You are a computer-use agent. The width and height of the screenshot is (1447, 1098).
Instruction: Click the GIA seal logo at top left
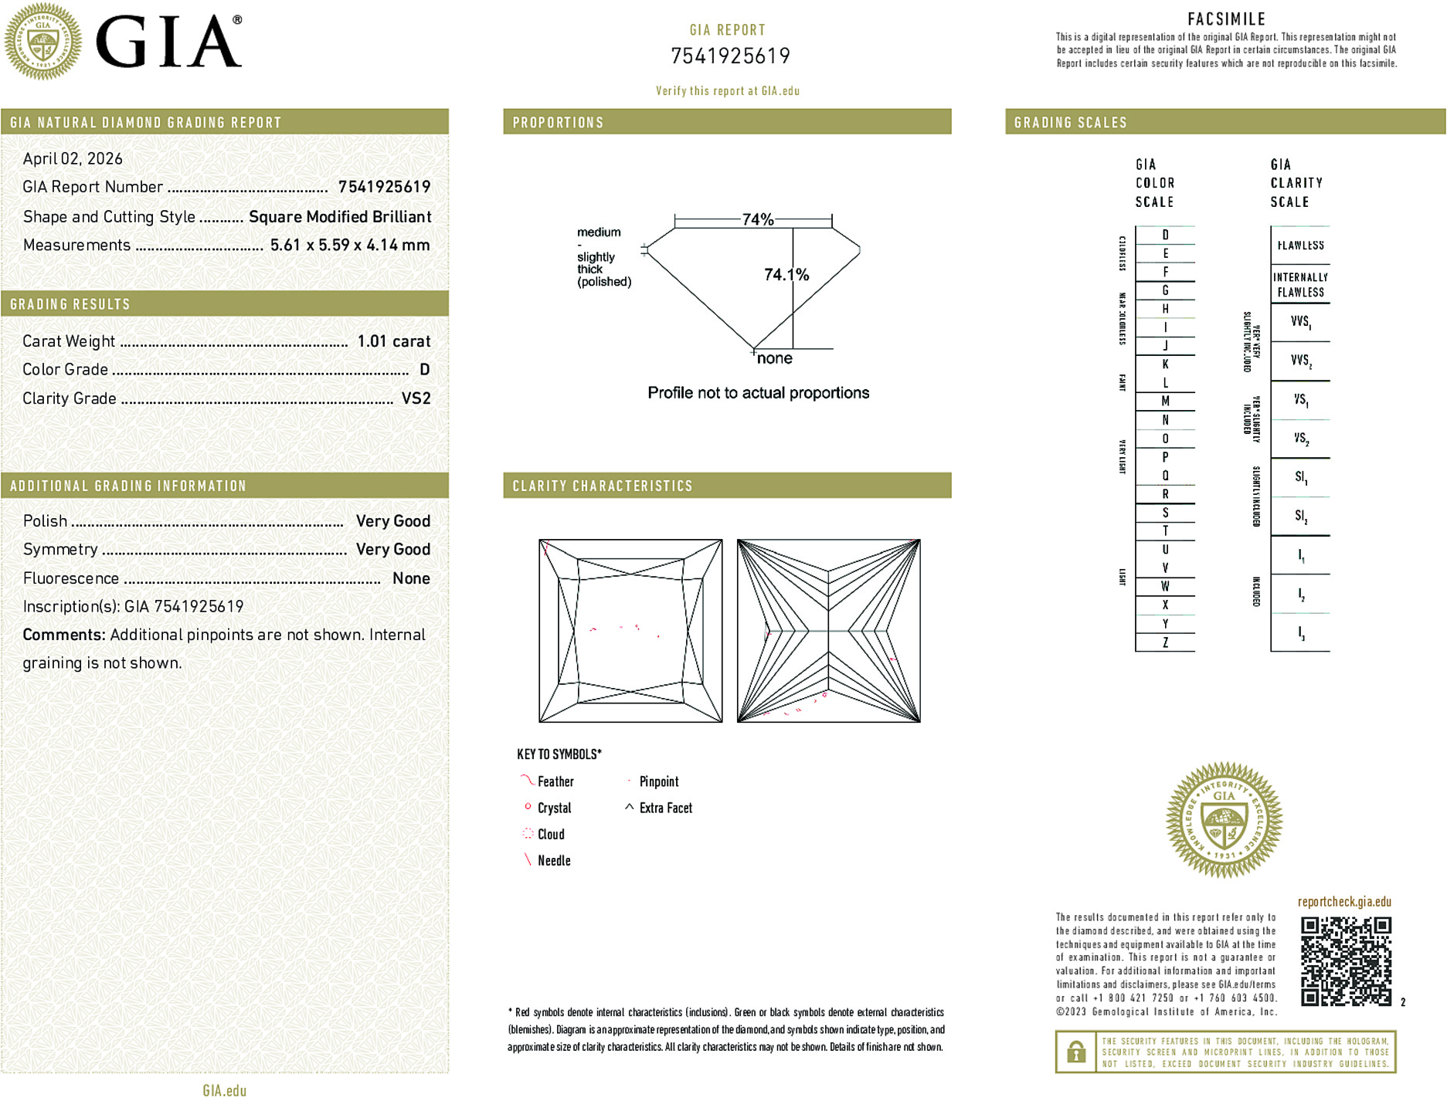click(x=42, y=41)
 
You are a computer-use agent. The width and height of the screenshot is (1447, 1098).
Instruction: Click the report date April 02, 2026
click(x=73, y=158)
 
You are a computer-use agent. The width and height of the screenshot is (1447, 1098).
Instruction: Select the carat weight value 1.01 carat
click(x=393, y=341)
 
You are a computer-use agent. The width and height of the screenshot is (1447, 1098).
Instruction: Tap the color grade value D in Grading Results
click(x=424, y=370)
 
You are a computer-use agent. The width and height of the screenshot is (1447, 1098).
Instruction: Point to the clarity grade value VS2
click(x=416, y=398)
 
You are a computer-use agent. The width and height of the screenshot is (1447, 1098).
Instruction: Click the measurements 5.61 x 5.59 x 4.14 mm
click(x=350, y=246)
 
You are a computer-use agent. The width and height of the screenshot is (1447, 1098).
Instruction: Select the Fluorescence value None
click(x=411, y=578)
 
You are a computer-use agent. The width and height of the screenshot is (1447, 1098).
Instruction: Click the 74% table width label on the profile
click(x=757, y=219)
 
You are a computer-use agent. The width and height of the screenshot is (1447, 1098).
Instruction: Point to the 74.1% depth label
click(x=786, y=275)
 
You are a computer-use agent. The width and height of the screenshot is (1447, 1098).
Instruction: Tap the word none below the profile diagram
click(x=774, y=358)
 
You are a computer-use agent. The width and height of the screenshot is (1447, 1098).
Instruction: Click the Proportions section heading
click(x=558, y=123)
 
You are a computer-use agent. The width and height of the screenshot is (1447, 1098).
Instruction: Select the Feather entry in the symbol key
click(x=555, y=781)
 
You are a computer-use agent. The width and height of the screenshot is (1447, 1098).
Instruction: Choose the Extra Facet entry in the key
click(x=664, y=808)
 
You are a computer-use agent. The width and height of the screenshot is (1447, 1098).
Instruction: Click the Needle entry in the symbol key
click(x=553, y=860)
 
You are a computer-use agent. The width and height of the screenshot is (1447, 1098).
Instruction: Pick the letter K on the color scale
click(x=1165, y=364)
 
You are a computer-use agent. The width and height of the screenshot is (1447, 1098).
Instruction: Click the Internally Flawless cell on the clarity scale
click(x=1300, y=284)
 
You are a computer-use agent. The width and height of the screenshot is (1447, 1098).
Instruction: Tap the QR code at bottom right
click(x=1345, y=961)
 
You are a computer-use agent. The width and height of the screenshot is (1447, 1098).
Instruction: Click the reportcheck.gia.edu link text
click(x=1344, y=901)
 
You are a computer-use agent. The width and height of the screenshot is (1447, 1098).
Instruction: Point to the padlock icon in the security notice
click(x=1075, y=1052)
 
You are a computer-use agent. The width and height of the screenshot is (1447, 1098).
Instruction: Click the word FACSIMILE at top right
click(x=1226, y=19)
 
